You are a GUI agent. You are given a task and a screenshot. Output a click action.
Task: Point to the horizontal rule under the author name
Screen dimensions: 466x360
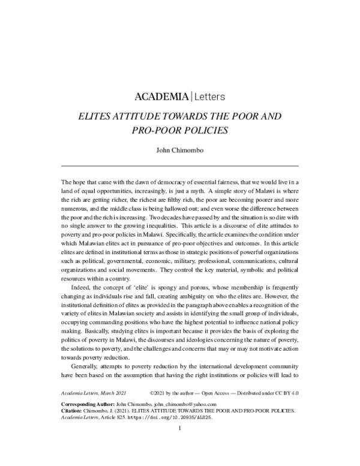[180, 165]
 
